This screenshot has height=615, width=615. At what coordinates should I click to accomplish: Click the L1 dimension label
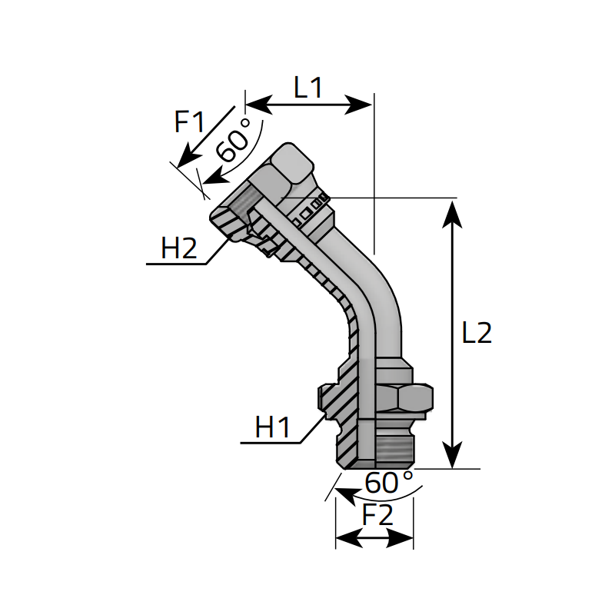tap(308, 88)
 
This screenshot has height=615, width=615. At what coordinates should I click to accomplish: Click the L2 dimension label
tap(477, 333)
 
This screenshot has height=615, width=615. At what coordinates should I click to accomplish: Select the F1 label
tap(189, 121)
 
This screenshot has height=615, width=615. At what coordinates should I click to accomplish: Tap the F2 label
tap(377, 514)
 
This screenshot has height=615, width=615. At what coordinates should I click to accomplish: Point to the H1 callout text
tap(273, 427)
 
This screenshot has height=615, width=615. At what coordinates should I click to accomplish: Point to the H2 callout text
tap(179, 248)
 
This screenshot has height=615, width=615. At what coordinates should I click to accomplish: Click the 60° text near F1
tap(234, 140)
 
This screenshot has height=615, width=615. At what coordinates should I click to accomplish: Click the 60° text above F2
tap(389, 482)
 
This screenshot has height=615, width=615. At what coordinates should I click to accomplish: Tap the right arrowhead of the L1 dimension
tap(358, 105)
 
